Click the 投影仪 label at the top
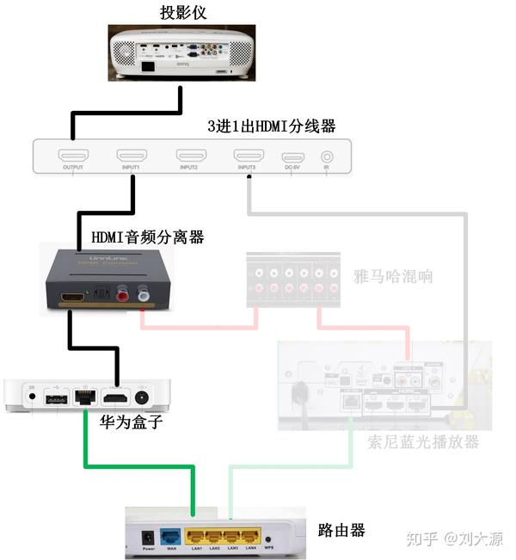pyautogui.click(x=182, y=13)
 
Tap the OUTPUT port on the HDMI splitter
pyautogui.click(x=73, y=157)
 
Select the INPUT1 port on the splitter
pyautogui.click(x=132, y=157)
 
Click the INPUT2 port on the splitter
pyautogui.click(x=190, y=157)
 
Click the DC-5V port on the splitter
pyautogui.click(x=293, y=157)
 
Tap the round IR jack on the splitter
pyautogui.click(x=327, y=157)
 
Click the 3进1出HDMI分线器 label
pyautogui.click(x=271, y=126)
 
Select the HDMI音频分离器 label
pyautogui.click(x=148, y=237)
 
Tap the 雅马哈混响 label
pyautogui.click(x=392, y=276)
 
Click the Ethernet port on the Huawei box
pyautogui.click(x=83, y=397)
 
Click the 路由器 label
pyautogui.click(x=341, y=530)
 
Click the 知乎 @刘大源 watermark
pyautogui.click(x=453, y=538)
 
